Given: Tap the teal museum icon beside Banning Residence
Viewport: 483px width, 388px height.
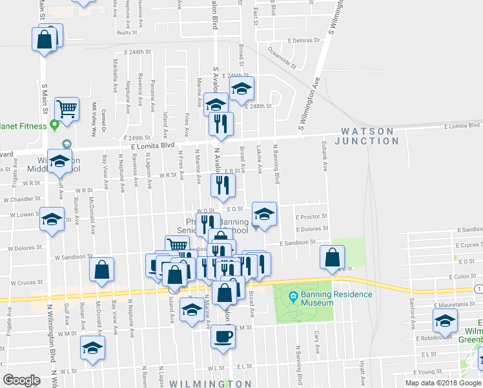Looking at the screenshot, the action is tap(293, 296).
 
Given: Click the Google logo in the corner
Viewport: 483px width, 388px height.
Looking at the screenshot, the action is tap(21, 380).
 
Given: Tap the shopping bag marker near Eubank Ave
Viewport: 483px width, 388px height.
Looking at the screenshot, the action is tap(331, 257).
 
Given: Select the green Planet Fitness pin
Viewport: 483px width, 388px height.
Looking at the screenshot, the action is tap(55, 124).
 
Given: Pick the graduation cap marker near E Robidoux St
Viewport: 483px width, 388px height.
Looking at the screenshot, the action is tap(445, 320).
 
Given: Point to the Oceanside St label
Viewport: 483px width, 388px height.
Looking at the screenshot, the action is tap(282, 57).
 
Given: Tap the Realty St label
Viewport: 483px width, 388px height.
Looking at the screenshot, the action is tap(128, 32).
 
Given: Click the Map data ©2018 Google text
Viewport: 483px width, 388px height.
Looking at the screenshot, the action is tap(443, 382).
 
